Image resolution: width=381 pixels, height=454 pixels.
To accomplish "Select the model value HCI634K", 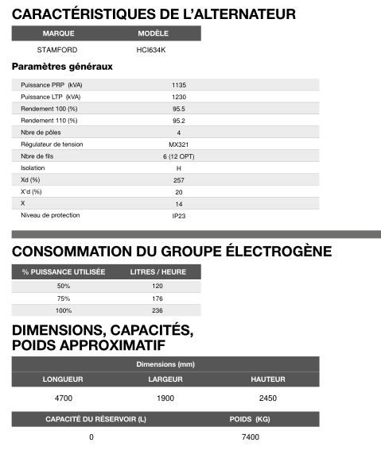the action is (x=151, y=49).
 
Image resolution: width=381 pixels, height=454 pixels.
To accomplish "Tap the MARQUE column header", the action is (x=58, y=34).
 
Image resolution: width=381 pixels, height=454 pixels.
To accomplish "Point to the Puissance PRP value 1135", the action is (x=178, y=84).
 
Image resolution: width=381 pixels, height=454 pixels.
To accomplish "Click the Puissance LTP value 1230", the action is (x=178, y=96).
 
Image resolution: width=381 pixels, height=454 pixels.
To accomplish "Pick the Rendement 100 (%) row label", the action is (x=49, y=108).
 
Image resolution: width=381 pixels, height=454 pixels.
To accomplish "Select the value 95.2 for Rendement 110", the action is (x=178, y=120).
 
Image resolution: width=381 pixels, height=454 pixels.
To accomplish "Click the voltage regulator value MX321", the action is (x=178, y=144).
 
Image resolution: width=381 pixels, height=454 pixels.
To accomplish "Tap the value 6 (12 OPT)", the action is (x=178, y=156).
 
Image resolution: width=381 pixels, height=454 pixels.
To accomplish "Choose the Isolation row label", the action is (x=33, y=168).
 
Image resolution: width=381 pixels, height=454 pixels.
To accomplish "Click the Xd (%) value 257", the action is (x=178, y=180).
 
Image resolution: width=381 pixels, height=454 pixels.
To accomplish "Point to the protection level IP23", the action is (x=178, y=215).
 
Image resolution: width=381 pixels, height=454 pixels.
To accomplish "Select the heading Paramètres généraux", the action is (x=61, y=67).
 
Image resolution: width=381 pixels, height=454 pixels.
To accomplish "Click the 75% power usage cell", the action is (x=64, y=298).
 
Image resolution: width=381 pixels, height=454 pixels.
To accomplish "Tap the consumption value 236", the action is (x=157, y=310).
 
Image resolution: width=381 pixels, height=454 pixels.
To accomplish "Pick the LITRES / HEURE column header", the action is (x=157, y=272).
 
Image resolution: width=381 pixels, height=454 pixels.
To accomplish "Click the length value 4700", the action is (x=63, y=398).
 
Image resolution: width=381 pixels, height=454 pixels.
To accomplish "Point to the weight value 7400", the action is (x=251, y=437).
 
